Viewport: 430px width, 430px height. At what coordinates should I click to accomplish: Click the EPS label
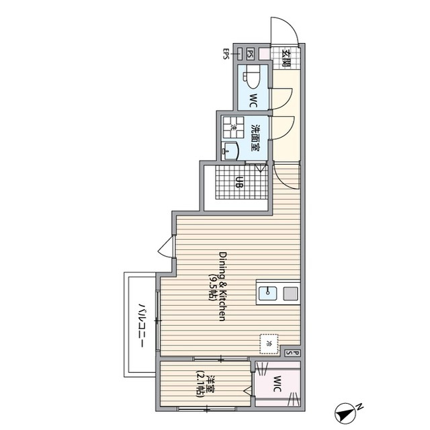[226, 54]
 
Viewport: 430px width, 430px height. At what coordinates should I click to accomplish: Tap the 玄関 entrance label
[287, 58]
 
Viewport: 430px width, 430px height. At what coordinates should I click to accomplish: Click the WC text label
[253, 100]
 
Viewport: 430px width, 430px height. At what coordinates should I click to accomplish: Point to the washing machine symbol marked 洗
[233, 127]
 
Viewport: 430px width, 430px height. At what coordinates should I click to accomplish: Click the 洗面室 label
[256, 138]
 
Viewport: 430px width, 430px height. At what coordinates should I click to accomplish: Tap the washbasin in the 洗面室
[230, 150]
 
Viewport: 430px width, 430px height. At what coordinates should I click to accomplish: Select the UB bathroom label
[239, 182]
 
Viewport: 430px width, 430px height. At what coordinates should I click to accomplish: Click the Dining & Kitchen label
[222, 286]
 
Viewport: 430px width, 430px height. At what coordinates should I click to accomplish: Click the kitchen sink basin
[268, 293]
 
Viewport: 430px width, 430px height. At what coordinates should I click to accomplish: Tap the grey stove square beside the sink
[290, 293]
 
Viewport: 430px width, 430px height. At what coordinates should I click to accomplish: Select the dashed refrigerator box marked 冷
[269, 344]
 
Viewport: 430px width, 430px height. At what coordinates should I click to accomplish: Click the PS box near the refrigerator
[292, 353]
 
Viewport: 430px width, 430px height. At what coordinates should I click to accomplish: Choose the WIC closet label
[277, 384]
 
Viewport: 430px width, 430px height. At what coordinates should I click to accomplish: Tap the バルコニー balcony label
[142, 325]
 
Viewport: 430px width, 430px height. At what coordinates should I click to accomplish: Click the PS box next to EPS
[250, 54]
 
